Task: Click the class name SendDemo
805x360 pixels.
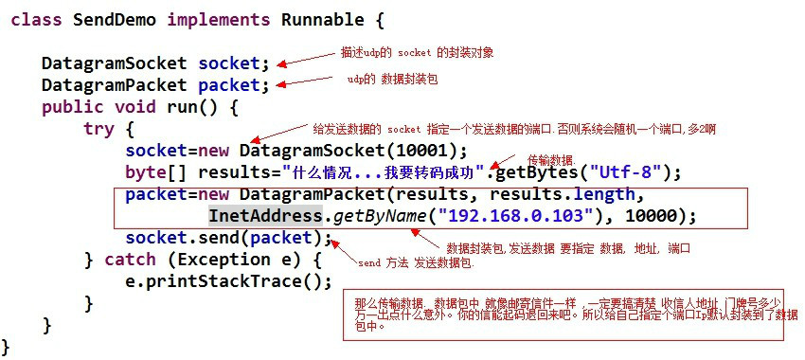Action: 109,19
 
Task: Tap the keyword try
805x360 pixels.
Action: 98,128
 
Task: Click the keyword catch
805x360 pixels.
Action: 130,259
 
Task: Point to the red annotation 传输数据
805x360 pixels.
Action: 550,159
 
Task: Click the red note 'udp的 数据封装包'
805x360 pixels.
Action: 392,81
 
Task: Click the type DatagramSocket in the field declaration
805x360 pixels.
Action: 115,63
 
